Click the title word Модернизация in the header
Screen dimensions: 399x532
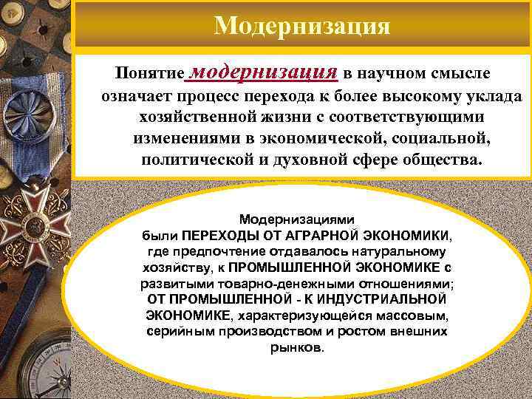[301, 26]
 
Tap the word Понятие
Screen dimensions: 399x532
[148, 75]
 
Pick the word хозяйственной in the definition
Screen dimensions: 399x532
[190, 118]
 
